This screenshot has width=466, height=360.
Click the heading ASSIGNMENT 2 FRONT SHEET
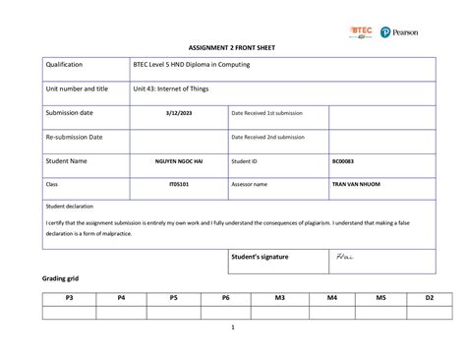233,48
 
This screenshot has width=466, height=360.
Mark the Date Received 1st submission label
267,113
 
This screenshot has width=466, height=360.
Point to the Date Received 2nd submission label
268,137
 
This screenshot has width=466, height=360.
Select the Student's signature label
260,257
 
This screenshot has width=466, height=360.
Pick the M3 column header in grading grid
279,297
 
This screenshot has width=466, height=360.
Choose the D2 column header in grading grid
430,297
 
